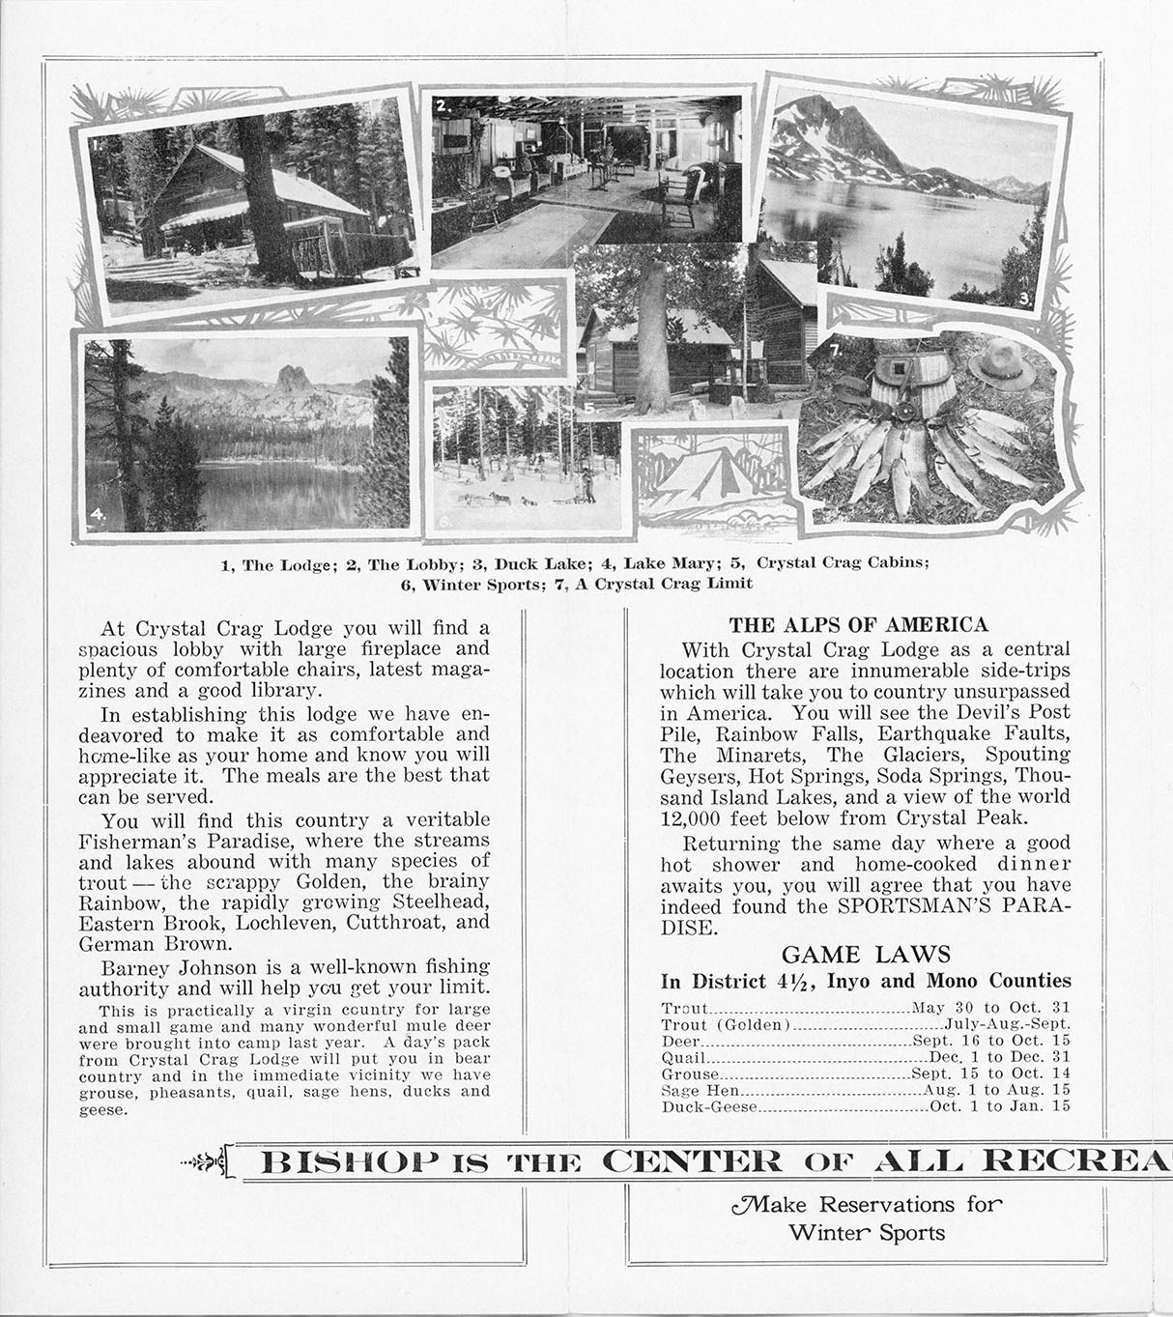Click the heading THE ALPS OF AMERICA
click(x=858, y=624)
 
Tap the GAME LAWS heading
click(x=866, y=955)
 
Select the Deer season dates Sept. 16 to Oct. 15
click(x=991, y=1042)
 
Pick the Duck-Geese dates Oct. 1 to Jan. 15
click(x=999, y=1106)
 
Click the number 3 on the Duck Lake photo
click(x=1023, y=298)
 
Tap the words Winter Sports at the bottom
click(x=867, y=1232)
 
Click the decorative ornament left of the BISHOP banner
click(x=205, y=1160)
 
